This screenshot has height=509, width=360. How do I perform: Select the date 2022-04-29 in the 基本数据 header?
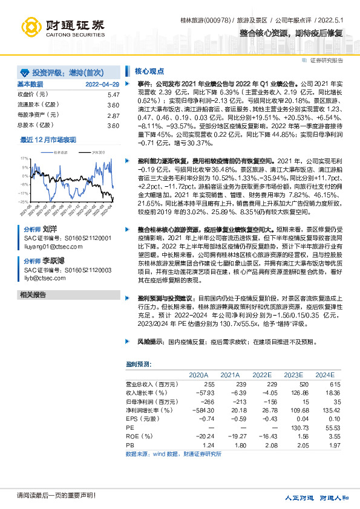pyautogui.click(x=102, y=84)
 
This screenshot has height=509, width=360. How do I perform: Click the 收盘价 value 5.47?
pyautogui.click(x=113, y=95)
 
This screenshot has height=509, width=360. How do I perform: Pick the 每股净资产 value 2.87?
pyautogui.click(x=113, y=115)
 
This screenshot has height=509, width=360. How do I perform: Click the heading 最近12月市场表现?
pyautogui.click(x=48, y=140)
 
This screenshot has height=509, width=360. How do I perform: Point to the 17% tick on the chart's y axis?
pyautogui.click(x=24, y=158)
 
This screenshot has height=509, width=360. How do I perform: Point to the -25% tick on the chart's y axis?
pyautogui.click(x=24, y=202)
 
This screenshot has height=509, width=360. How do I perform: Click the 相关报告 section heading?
pyautogui.click(x=33, y=295)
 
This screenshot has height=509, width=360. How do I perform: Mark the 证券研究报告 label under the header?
pyautogui.click(x=327, y=60)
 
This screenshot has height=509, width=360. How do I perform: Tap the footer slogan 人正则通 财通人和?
pyautogui.click(x=318, y=498)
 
